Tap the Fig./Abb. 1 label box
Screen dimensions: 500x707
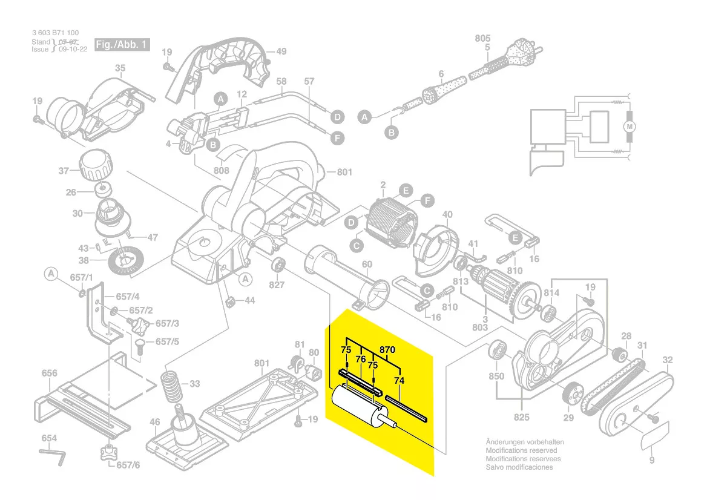tap(121, 45)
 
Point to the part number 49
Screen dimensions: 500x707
tap(281, 51)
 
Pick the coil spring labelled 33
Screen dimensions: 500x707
tap(171, 387)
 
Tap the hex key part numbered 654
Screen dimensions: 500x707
tap(52, 455)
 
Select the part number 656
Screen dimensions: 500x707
tap(50, 374)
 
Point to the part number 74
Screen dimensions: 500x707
tap(399, 381)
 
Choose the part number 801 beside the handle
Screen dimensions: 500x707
tap(344, 173)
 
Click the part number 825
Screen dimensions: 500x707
tap(521, 417)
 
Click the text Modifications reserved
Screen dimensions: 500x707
tap(521, 450)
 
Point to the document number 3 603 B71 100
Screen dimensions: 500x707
tap(55, 33)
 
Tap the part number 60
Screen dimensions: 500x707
tap(367, 264)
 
